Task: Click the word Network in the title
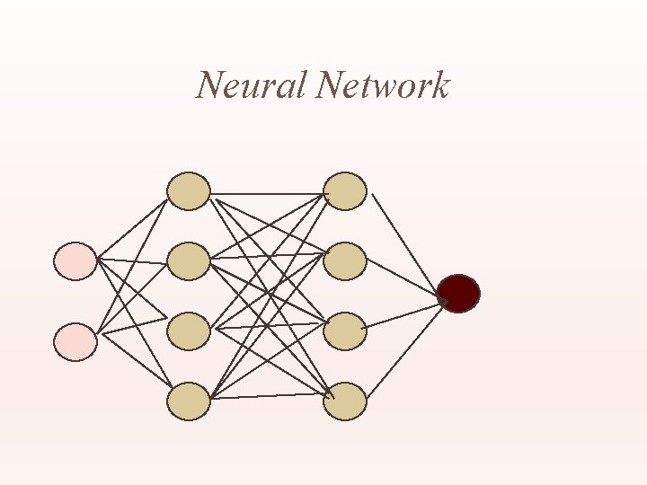(x=384, y=85)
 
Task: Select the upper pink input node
(x=75, y=260)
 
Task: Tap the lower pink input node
(x=75, y=342)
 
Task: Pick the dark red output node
(x=458, y=294)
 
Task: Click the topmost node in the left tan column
(x=189, y=191)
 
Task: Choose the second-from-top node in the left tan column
(x=189, y=261)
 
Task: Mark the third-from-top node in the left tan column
(x=189, y=331)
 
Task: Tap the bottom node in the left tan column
(x=189, y=401)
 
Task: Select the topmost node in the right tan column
(x=345, y=191)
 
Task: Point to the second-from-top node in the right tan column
(x=345, y=261)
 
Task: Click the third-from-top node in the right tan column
(x=345, y=331)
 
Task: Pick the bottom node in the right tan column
(x=345, y=401)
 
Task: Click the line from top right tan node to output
(x=405, y=243)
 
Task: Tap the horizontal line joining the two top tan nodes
(x=267, y=193)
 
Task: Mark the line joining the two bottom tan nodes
(x=267, y=396)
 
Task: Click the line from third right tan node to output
(x=404, y=315)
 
